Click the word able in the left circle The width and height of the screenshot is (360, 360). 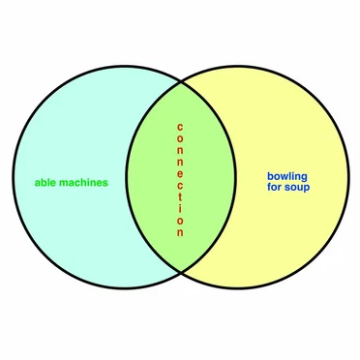(x=45, y=183)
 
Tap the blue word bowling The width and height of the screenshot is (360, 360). (x=287, y=177)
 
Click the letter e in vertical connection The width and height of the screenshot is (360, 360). (x=180, y=174)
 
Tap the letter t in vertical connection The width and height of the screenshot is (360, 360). (x=180, y=195)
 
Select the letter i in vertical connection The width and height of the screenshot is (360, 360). (x=180, y=207)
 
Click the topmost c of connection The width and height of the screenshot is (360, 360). (x=180, y=127)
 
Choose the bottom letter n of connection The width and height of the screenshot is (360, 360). (x=180, y=232)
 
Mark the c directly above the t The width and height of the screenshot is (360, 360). (x=180, y=186)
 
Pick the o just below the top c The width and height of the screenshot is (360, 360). (x=180, y=138)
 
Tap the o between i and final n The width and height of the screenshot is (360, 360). (x=180, y=221)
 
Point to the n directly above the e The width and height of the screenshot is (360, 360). (x=180, y=163)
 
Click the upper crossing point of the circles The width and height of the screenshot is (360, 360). (x=181, y=82)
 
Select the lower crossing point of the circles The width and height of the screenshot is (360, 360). (x=181, y=273)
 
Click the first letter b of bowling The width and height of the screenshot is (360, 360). (x=270, y=176)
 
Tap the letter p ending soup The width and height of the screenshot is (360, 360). (x=307, y=189)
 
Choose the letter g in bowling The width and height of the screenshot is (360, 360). (x=304, y=178)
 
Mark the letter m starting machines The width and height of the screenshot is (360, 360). (x=64, y=183)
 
